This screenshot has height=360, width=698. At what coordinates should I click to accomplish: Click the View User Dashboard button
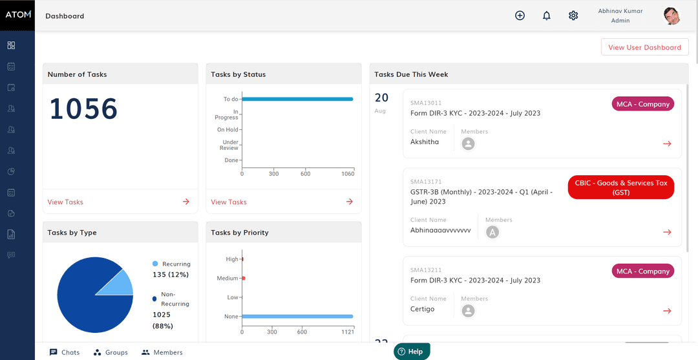pyautogui.click(x=644, y=47)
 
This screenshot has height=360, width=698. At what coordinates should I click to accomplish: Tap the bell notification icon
pyautogui.click(x=547, y=16)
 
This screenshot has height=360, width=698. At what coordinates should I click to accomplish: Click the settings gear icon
pyautogui.click(x=573, y=16)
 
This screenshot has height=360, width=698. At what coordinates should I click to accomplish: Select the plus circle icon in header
pyautogui.click(x=520, y=16)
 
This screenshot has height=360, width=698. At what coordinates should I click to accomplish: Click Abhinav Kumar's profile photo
pyautogui.click(x=672, y=16)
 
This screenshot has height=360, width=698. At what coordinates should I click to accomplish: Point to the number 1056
pyautogui.click(x=83, y=109)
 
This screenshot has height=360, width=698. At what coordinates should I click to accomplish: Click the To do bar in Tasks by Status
pyautogui.click(x=297, y=100)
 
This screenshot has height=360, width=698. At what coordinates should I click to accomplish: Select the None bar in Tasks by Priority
pyautogui.click(x=297, y=317)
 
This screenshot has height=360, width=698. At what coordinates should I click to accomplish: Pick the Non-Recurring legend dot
pyautogui.click(x=154, y=299)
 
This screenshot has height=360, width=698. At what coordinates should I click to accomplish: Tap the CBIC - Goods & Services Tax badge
pyautogui.click(x=621, y=187)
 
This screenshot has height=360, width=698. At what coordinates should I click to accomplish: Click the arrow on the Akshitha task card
pyautogui.click(x=667, y=143)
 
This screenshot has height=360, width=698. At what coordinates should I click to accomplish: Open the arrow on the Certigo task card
pyautogui.click(x=667, y=311)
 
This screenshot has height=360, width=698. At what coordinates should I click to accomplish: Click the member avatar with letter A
pyautogui.click(x=492, y=232)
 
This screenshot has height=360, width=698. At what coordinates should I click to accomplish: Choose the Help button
pyautogui.click(x=412, y=352)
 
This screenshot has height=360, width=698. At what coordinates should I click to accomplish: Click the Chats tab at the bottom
pyautogui.click(x=65, y=352)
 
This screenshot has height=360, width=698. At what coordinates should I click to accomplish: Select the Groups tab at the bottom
pyautogui.click(x=111, y=352)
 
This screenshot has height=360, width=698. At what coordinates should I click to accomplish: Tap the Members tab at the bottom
pyautogui.click(x=162, y=352)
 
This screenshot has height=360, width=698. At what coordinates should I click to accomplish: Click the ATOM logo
pyautogui.click(x=17, y=15)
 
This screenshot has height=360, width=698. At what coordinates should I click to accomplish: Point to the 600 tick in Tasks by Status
pyautogui.click(x=305, y=174)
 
